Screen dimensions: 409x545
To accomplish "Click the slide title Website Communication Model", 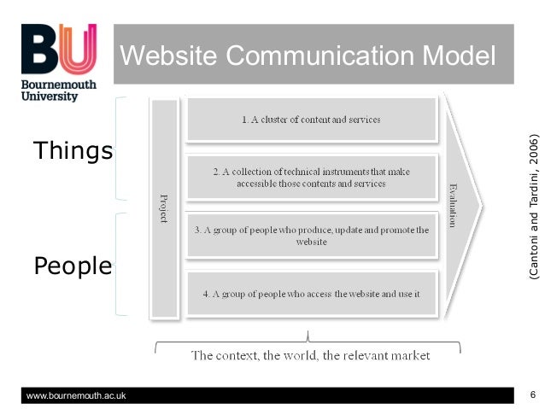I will (x=308, y=56).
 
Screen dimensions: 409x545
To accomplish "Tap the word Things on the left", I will (x=73, y=151).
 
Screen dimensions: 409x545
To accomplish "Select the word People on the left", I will (x=73, y=266).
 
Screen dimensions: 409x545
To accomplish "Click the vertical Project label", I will (x=163, y=207).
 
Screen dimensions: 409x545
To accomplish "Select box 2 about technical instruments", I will (x=311, y=177).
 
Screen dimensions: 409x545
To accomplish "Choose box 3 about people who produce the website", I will (x=311, y=236).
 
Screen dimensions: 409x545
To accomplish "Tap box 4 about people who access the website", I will (x=311, y=294).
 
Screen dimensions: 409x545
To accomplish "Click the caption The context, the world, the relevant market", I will (x=310, y=354).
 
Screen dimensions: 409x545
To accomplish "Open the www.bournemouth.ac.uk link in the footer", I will (x=77, y=394).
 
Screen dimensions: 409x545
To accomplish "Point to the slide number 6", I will (x=532, y=394).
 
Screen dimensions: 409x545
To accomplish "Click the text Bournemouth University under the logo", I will (x=59, y=91).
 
